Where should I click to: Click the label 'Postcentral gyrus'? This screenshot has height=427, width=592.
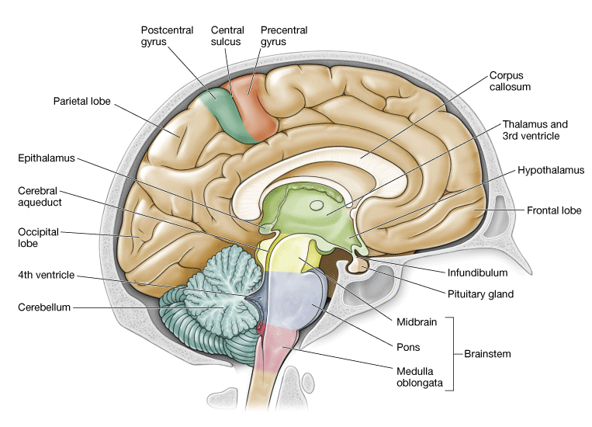click(167, 36)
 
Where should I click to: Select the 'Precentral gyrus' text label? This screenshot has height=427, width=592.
click(284, 36)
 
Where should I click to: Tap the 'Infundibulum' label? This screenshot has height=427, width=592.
click(476, 273)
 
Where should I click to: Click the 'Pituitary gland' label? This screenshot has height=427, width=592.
click(480, 294)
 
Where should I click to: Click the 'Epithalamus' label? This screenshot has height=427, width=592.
click(46, 158)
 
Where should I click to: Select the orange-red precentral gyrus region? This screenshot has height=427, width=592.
click(256, 105)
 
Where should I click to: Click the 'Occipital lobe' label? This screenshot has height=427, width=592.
click(38, 238)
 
